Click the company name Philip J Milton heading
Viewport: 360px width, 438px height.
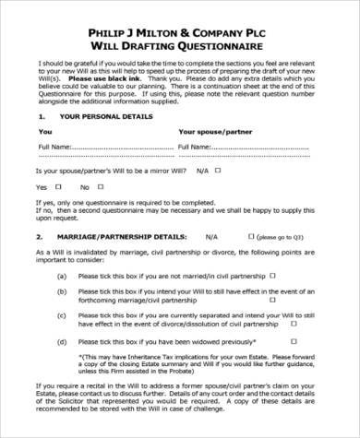point(180,29)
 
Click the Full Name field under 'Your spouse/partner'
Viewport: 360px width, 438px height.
point(254,147)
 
